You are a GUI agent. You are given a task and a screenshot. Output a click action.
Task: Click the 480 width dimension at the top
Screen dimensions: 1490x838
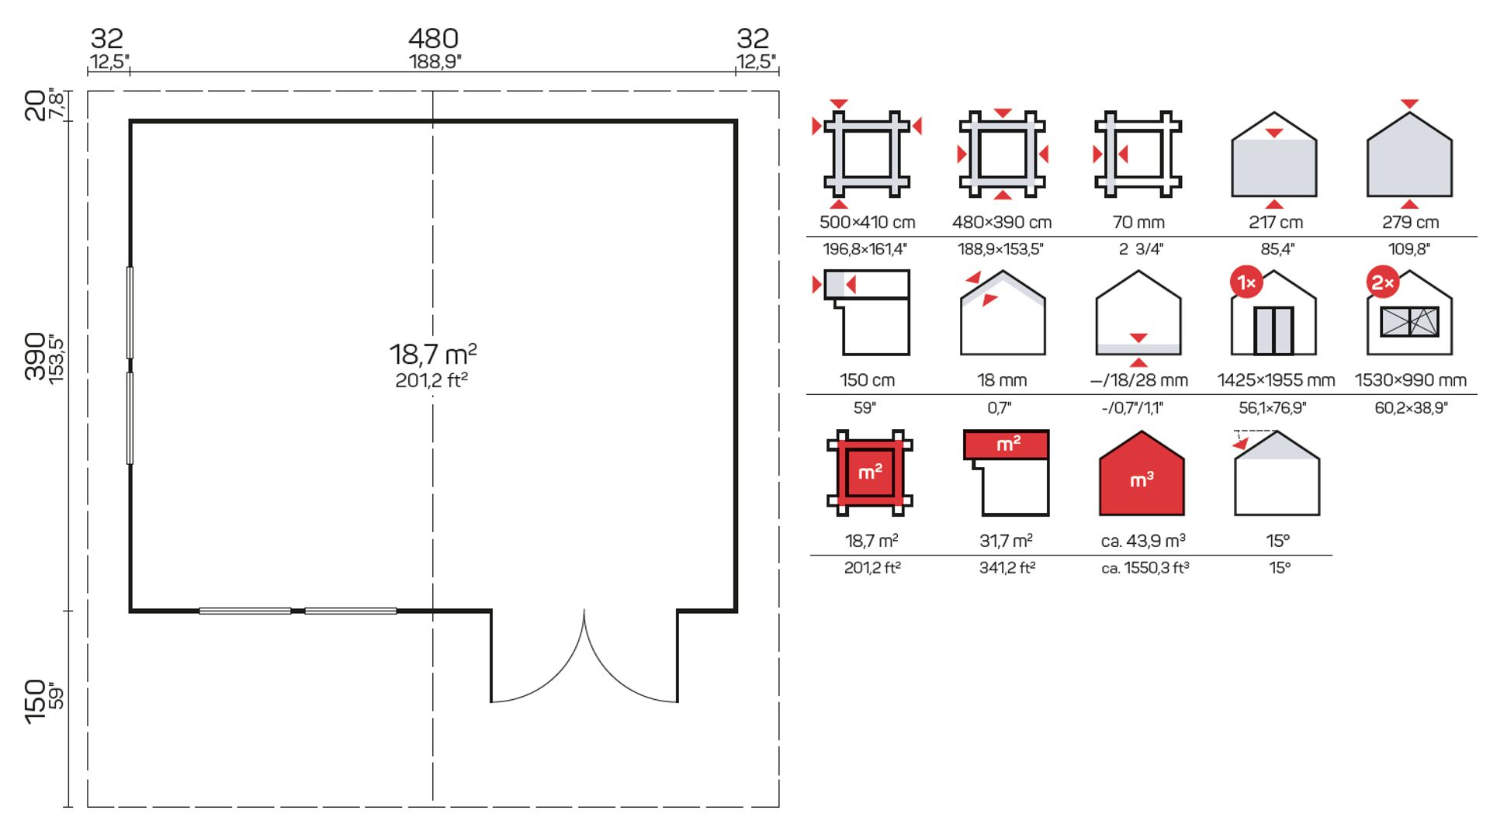(433, 38)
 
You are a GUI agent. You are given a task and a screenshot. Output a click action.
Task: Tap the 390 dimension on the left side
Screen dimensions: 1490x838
(35, 356)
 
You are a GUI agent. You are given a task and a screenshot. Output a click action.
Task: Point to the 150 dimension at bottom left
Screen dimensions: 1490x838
(35, 701)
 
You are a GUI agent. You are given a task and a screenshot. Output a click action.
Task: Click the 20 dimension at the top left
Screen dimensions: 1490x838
(35, 105)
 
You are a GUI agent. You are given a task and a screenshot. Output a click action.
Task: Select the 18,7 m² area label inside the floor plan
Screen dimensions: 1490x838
(433, 354)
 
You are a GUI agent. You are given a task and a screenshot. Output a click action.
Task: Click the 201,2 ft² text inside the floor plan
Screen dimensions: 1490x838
(431, 380)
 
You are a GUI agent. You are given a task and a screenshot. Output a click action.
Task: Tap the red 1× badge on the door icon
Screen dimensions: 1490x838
(1246, 282)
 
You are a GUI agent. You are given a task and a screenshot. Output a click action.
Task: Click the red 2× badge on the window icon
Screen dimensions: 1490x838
(1383, 282)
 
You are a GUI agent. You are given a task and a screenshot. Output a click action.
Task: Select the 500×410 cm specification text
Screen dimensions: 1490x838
(867, 222)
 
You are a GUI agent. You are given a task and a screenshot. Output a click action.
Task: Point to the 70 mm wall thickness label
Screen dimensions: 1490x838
(1138, 222)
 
